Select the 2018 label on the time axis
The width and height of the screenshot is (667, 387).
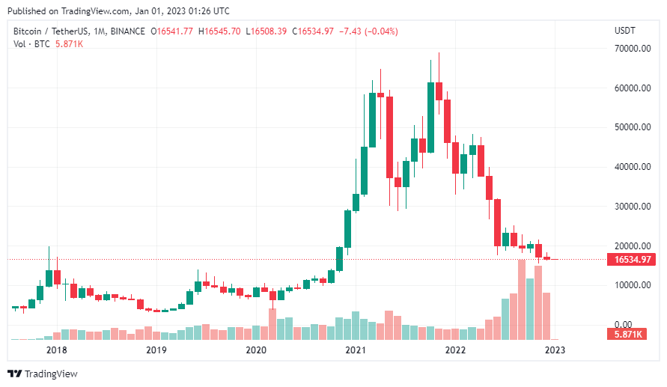56,350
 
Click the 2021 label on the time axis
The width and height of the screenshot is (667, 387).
356,350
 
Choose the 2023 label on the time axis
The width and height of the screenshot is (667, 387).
555,350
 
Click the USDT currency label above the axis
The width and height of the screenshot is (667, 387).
624,31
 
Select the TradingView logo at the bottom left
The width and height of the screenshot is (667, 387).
43,374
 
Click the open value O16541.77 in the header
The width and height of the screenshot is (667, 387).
172,31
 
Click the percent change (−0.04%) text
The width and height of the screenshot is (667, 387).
380,31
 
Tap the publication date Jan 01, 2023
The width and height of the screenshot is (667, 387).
165,11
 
